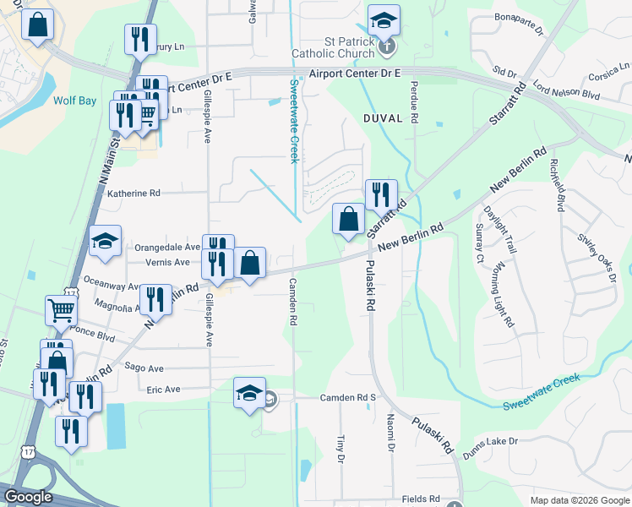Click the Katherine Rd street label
coord(133,194)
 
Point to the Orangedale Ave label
coord(167,248)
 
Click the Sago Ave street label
coord(144,368)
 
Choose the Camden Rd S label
coord(347,397)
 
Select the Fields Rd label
coord(422,499)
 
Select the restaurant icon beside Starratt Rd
coord(380,195)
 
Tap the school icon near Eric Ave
coord(249,393)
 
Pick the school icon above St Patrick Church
coord(384,20)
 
